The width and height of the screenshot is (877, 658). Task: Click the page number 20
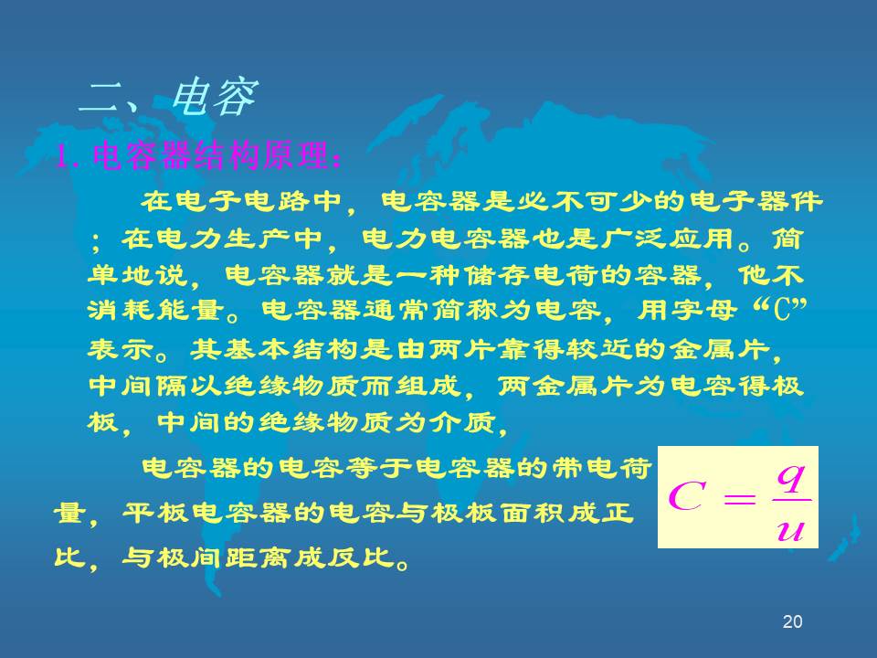[x=793, y=621]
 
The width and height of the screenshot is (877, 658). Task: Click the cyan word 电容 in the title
[x=214, y=98]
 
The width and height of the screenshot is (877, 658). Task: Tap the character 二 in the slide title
[x=101, y=98]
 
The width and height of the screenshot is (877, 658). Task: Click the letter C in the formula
[x=686, y=496]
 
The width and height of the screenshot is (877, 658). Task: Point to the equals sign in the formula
[x=739, y=497]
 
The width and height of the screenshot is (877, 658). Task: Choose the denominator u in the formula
[x=791, y=529]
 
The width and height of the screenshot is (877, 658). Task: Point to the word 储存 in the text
[x=499, y=275]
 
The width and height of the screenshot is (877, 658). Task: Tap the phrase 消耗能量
[x=156, y=310]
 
